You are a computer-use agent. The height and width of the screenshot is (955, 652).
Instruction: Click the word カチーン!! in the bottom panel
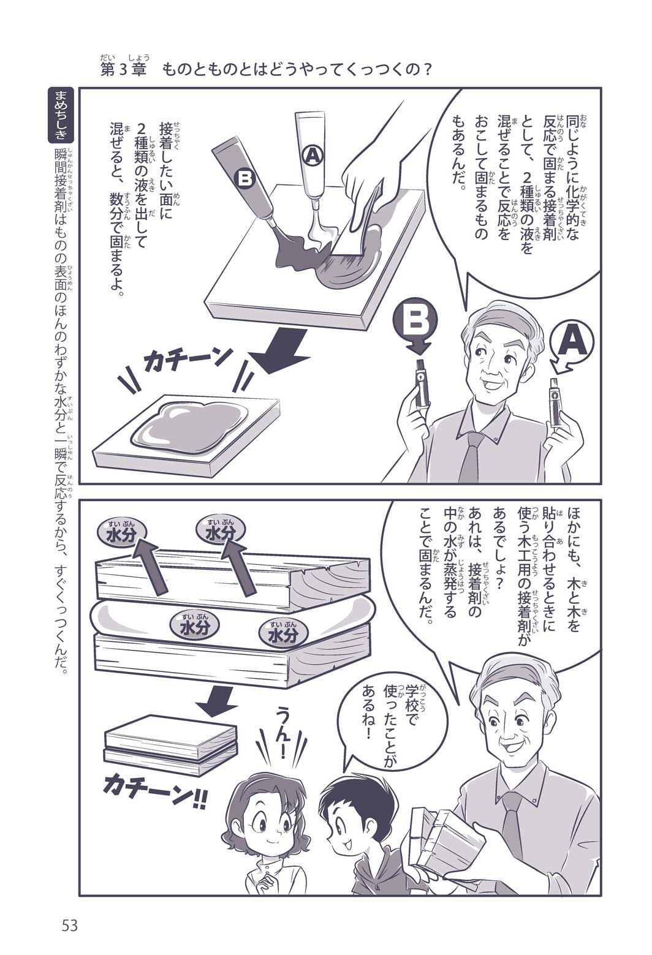(x=153, y=793)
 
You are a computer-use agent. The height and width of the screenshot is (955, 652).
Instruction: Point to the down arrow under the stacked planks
(x=218, y=699)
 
